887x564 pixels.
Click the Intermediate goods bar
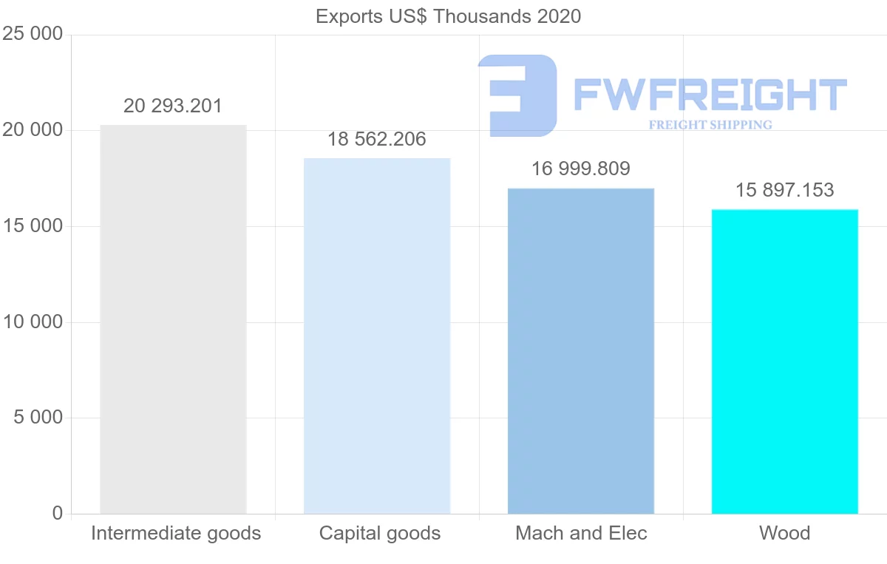click(x=173, y=319)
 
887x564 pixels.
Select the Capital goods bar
click(x=377, y=336)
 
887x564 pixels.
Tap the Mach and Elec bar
click(x=581, y=351)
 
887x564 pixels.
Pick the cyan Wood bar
click(x=784, y=361)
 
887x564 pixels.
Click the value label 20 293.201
click(x=173, y=106)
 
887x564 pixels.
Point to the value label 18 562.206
click(x=377, y=139)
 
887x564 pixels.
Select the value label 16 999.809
click(x=581, y=169)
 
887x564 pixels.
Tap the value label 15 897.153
click(x=784, y=191)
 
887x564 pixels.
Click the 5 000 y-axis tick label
click(x=38, y=418)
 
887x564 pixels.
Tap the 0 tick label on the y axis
click(x=58, y=514)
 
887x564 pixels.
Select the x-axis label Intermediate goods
click(x=176, y=534)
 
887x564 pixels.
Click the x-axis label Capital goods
click(x=380, y=534)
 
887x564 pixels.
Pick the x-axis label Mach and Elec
click(x=581, y=534)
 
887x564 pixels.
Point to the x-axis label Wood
click(x=784, y=534)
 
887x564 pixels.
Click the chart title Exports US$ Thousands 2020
click(x=449, y=16)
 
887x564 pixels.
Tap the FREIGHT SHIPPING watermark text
click(x=710, y=125)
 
